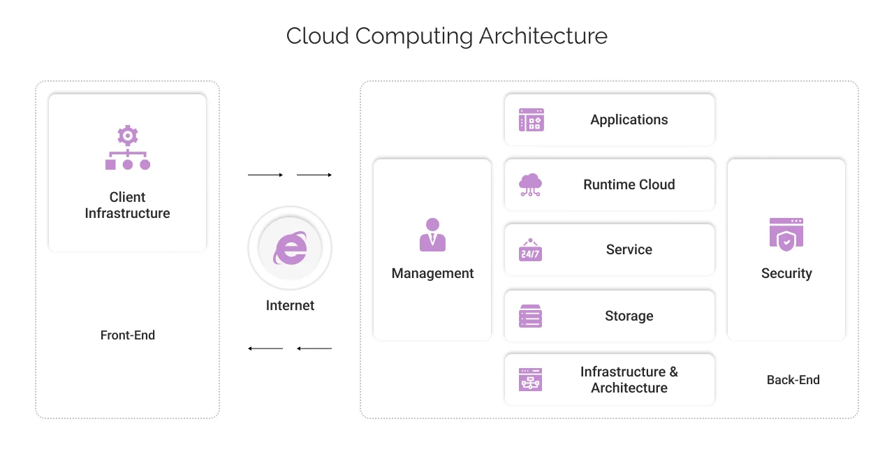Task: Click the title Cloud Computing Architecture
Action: tap(446, 36)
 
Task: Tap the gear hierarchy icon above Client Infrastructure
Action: tap(128, 148)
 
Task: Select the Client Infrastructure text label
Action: tap(128, 205)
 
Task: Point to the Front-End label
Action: tap(128, 335)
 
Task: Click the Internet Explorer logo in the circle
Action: tap(290, 248)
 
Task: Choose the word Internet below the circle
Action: tap(290, 305)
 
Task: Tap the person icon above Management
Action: tap(432, 235)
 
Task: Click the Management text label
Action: tap(432, 273)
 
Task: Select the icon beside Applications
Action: tap(531, 120)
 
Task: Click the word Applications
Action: tap(629, 120)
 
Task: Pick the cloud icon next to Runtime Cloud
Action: tap(531, 184)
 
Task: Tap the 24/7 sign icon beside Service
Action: tap(531, 250)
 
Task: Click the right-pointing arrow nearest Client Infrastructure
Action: tap(265, 175)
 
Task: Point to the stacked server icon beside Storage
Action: tap(531, 316)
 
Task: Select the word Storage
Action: tap(629, 316)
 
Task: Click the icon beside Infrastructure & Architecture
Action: tap(531, 380)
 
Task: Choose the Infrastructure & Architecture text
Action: tap(629, 380)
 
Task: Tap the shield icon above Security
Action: tap(786, 234)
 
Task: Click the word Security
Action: tap(786, 273)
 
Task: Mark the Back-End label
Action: tap(793, 380)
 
